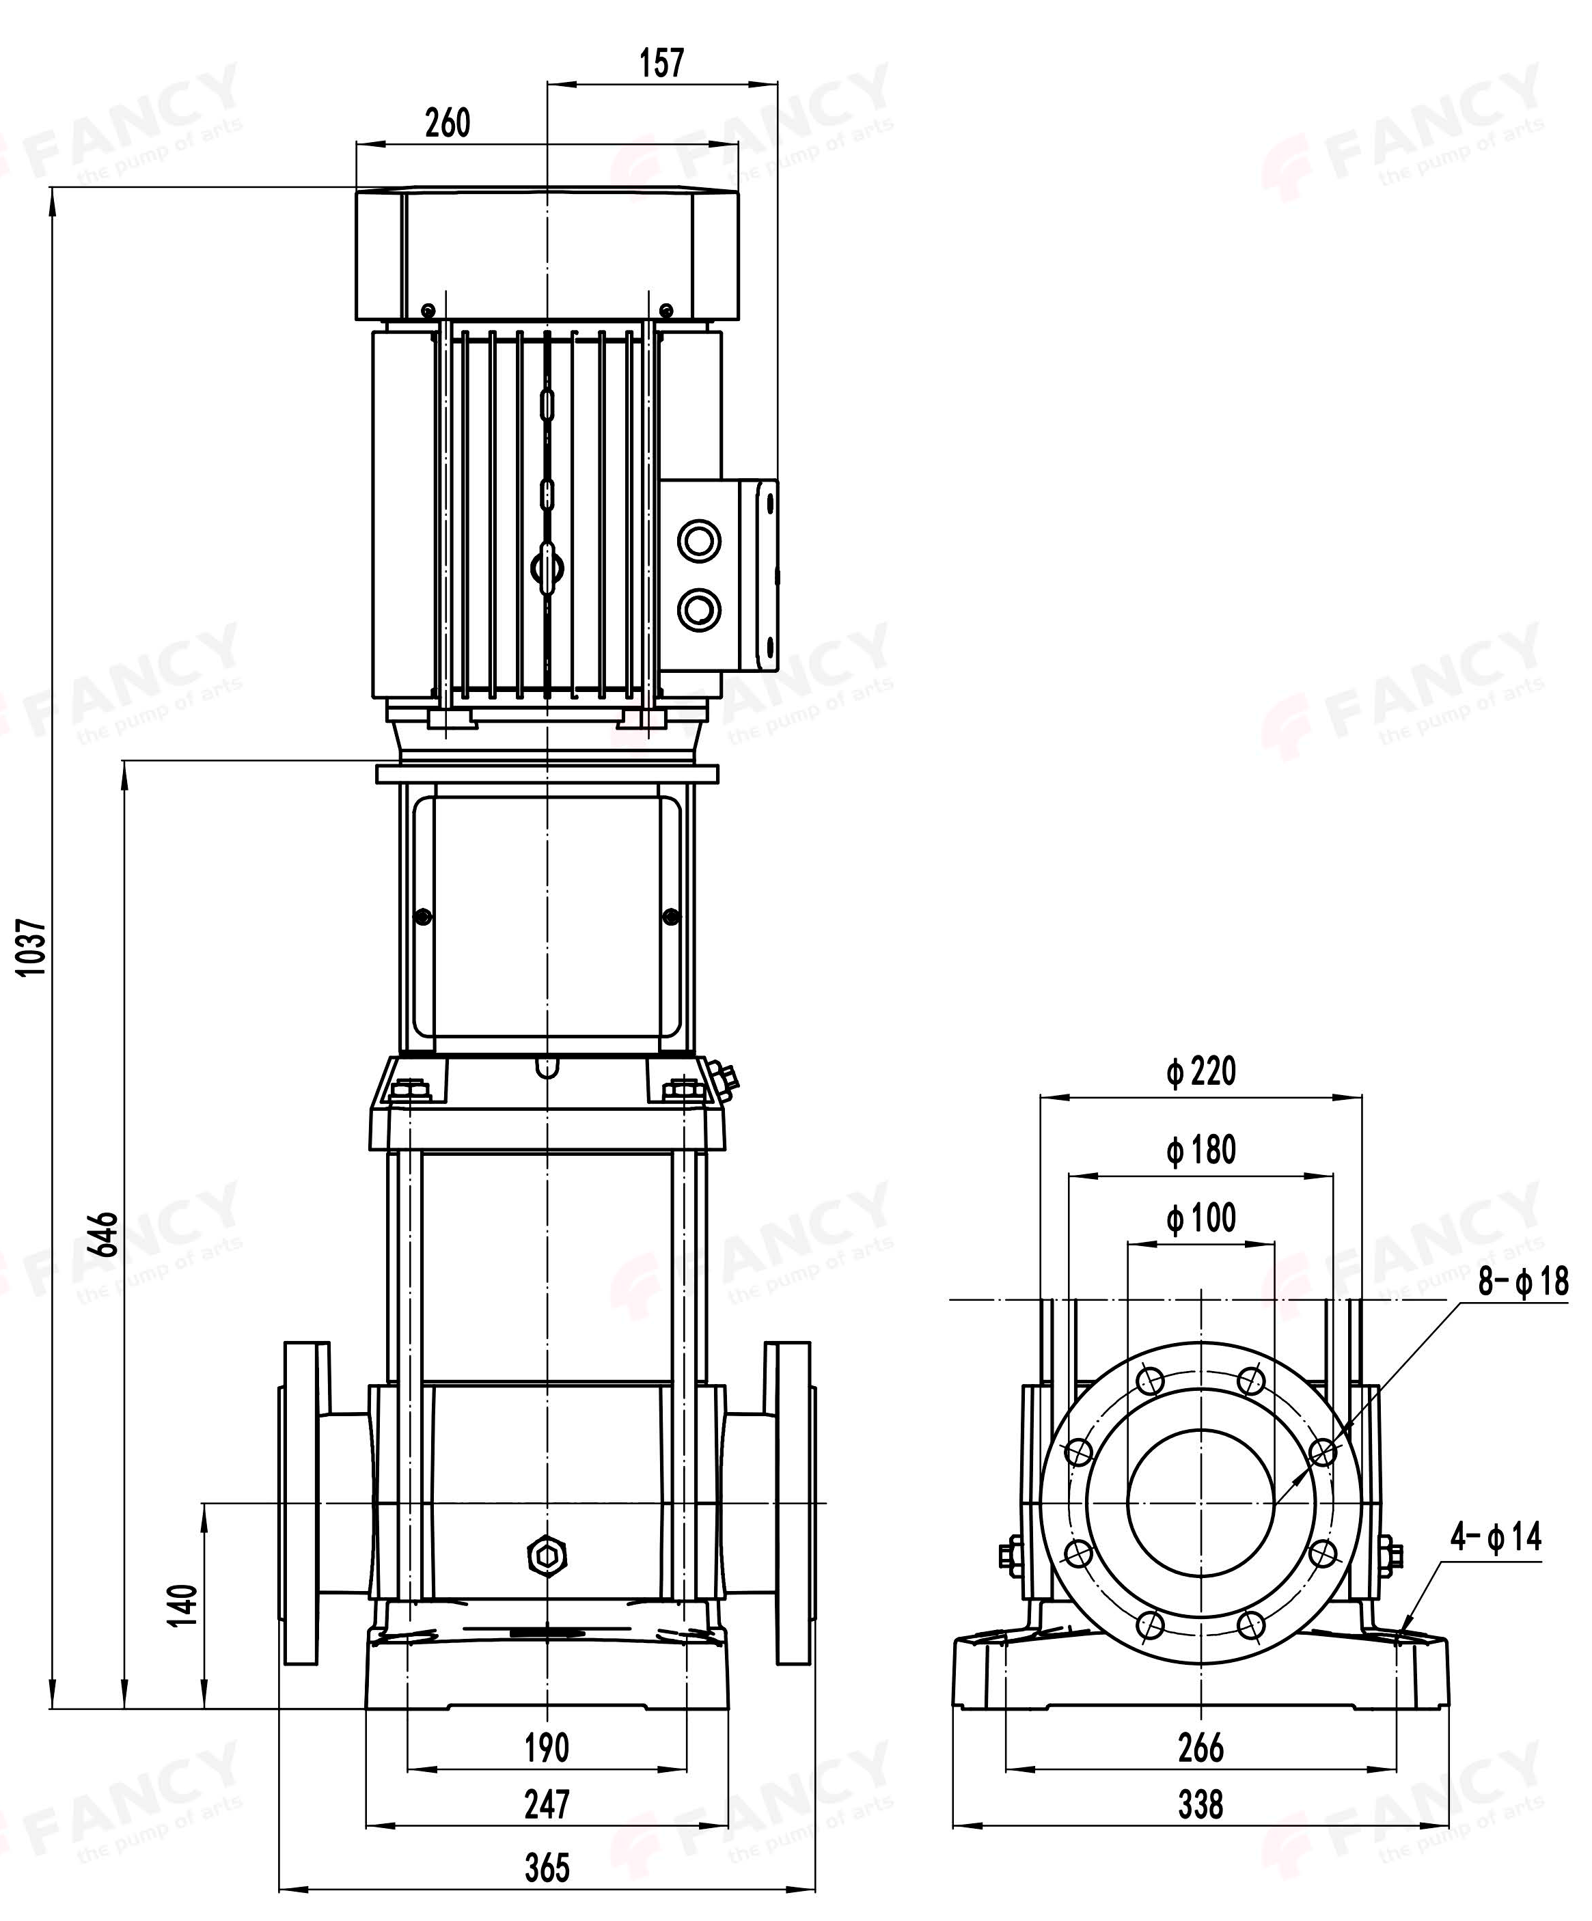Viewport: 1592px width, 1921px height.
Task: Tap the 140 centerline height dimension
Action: [183, 1605]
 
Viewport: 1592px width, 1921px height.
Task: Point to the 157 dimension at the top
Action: [661, 63]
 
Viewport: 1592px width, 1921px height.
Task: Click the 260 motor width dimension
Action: [448, 122]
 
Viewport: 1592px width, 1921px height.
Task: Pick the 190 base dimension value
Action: [547, 1748]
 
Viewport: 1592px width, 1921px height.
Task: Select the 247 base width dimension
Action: [547, 1805]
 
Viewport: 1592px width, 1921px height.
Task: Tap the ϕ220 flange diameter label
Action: [1201, 1071]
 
